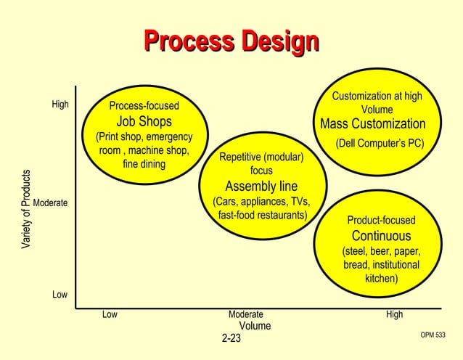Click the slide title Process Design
[x=231, y=42]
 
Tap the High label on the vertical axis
[x=60, y=105]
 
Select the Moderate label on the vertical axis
[x=51, y=203]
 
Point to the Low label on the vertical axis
[x=60, y=295]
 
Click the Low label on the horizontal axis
[x=110, y=315]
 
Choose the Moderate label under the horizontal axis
[x=246, y=315]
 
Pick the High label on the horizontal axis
[x=395, y=315]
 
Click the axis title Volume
[x=255, y=326]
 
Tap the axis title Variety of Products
[x=26, y=210]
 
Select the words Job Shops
[x=144, y=121]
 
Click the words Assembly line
[x=261, y=186]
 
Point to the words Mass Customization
[x=373, y=123]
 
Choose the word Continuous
[x=381, y=236]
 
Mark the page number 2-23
[x=231, y=338]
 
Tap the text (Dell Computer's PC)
[x=380, y=143]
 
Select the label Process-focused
[x=144, y=106]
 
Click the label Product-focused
[x=381, y=221]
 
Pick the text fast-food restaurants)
[x=263, y=216]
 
